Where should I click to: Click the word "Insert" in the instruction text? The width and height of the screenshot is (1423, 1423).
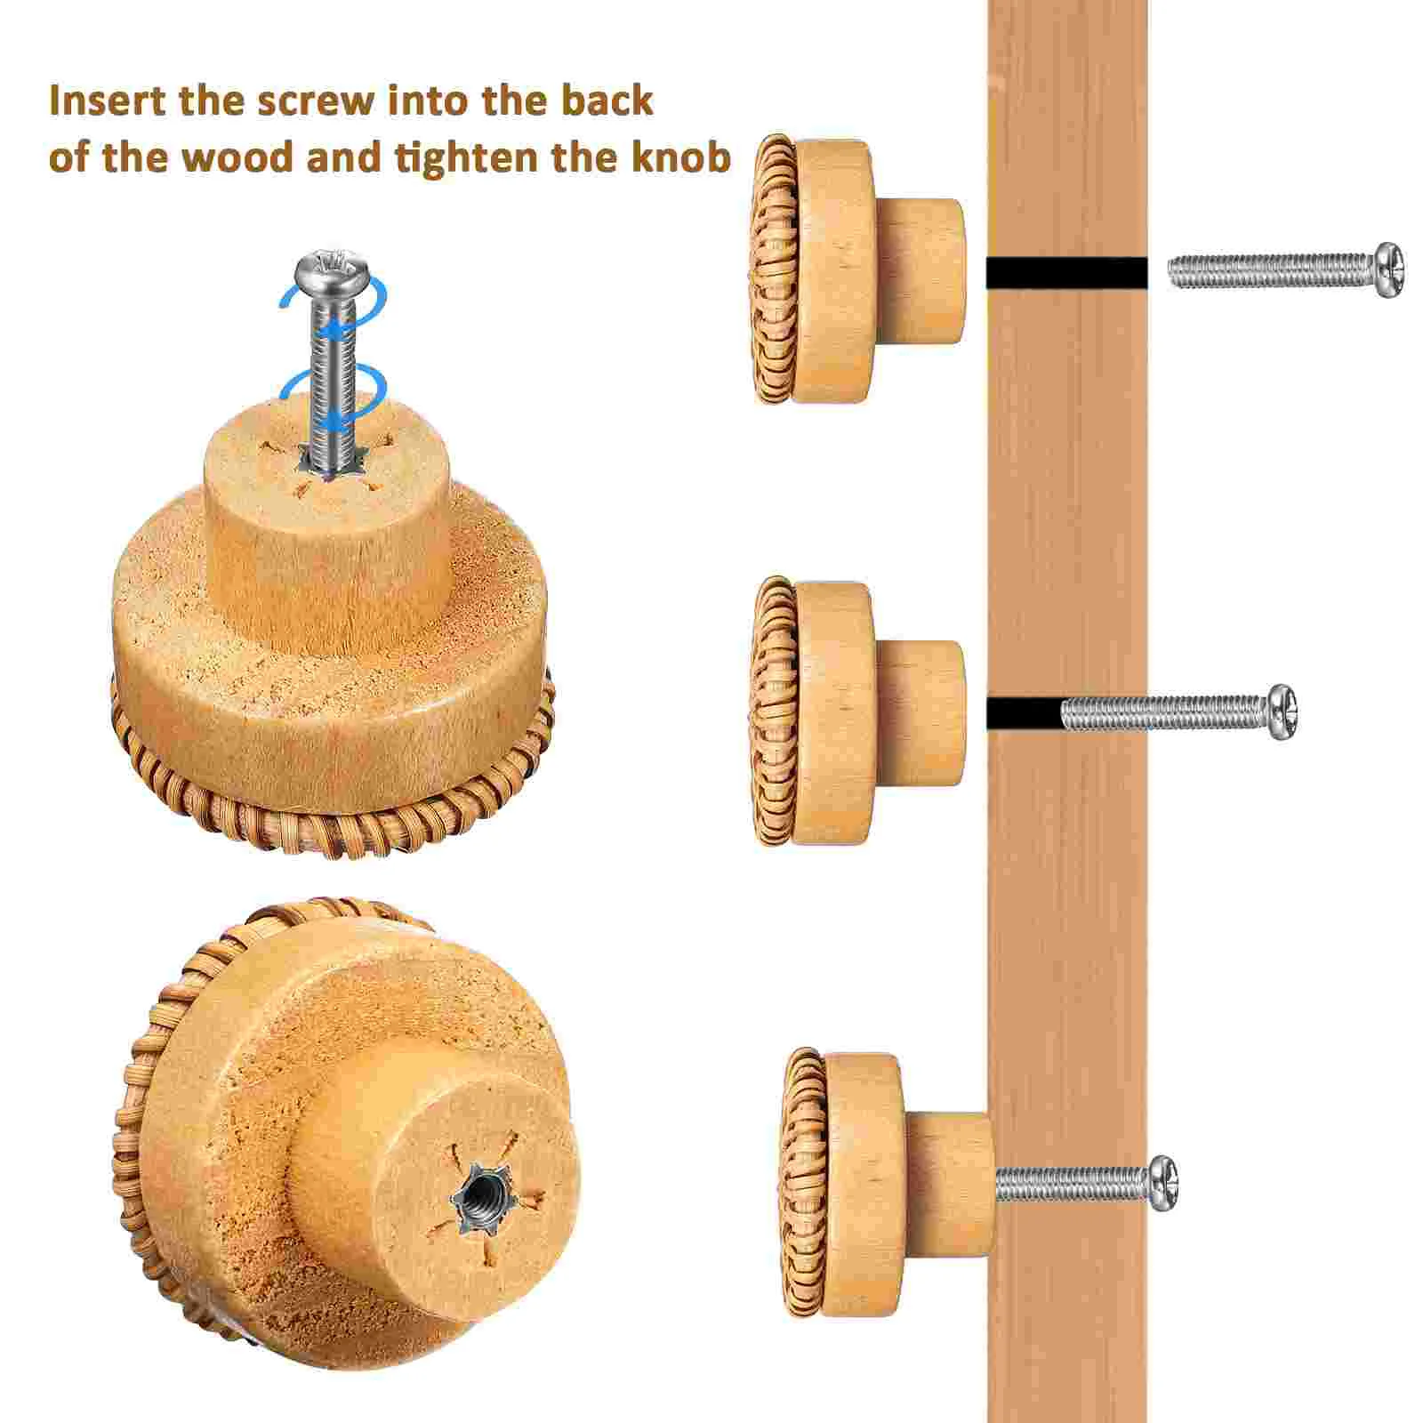[108, 101]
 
